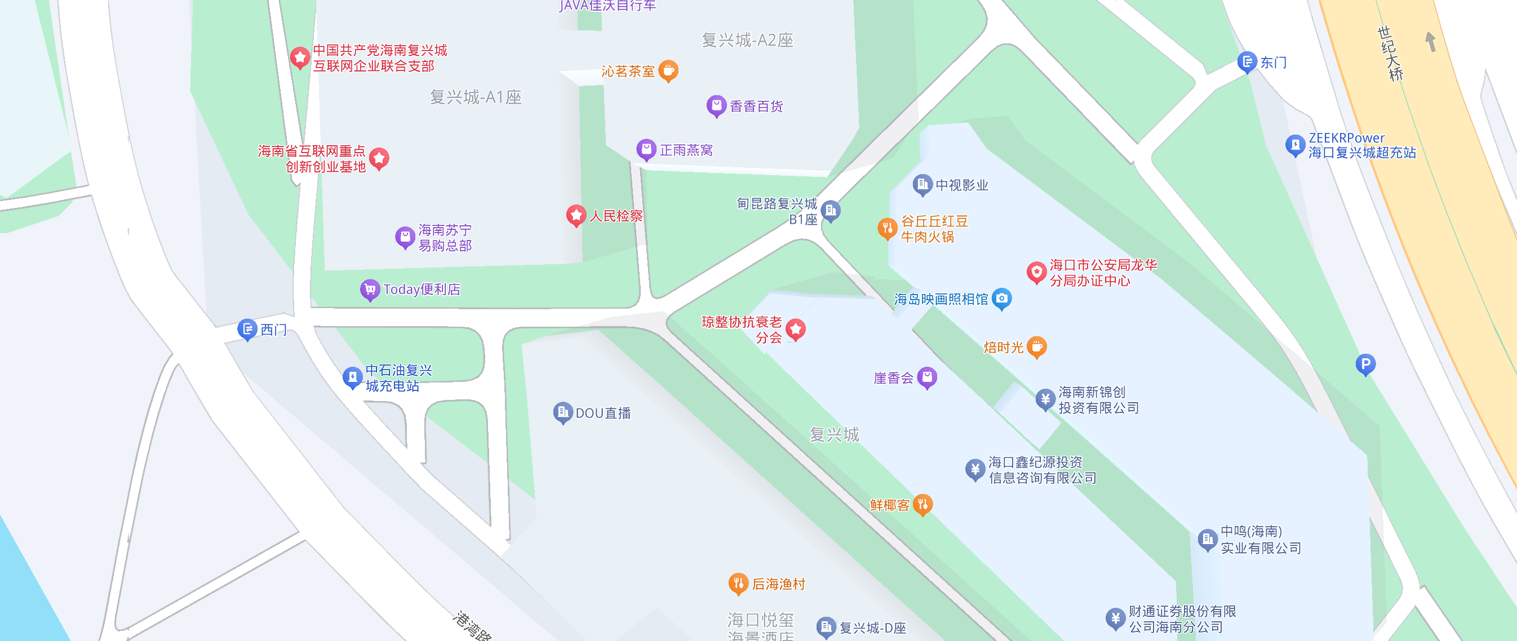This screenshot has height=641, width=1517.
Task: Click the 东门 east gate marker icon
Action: pos(1246,61)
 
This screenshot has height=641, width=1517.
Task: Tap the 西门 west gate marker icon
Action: pos(247,328)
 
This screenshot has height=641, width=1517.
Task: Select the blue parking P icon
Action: pos(1365,363)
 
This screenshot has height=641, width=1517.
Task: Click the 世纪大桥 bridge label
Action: pos(1390,53)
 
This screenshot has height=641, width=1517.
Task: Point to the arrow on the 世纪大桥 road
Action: pos(1430,41)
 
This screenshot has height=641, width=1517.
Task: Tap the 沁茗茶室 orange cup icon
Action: pos(668,70)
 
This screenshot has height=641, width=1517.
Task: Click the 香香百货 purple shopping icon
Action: pos(716,105)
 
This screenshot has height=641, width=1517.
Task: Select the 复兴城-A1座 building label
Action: pos(475,96)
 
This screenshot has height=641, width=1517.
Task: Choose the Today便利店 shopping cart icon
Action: pos(370,288)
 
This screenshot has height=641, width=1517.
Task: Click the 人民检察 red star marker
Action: pos(576,215)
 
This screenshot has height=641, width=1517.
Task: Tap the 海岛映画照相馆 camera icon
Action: pos(1001,298)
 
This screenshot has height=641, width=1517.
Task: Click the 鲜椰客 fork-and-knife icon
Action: pos(922,504)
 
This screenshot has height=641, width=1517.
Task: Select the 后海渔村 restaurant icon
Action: pos(738,583)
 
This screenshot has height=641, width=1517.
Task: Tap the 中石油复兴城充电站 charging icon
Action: pos(352,376)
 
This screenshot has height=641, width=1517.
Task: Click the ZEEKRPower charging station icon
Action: pos(1294,144)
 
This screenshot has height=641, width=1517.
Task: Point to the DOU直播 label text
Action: pos(603,413)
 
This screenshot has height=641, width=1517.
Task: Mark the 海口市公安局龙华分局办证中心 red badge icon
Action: pos(1036,271)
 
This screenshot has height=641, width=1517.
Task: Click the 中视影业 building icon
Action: pos(922,184)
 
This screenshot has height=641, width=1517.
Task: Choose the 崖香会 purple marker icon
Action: pos(927,377)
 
